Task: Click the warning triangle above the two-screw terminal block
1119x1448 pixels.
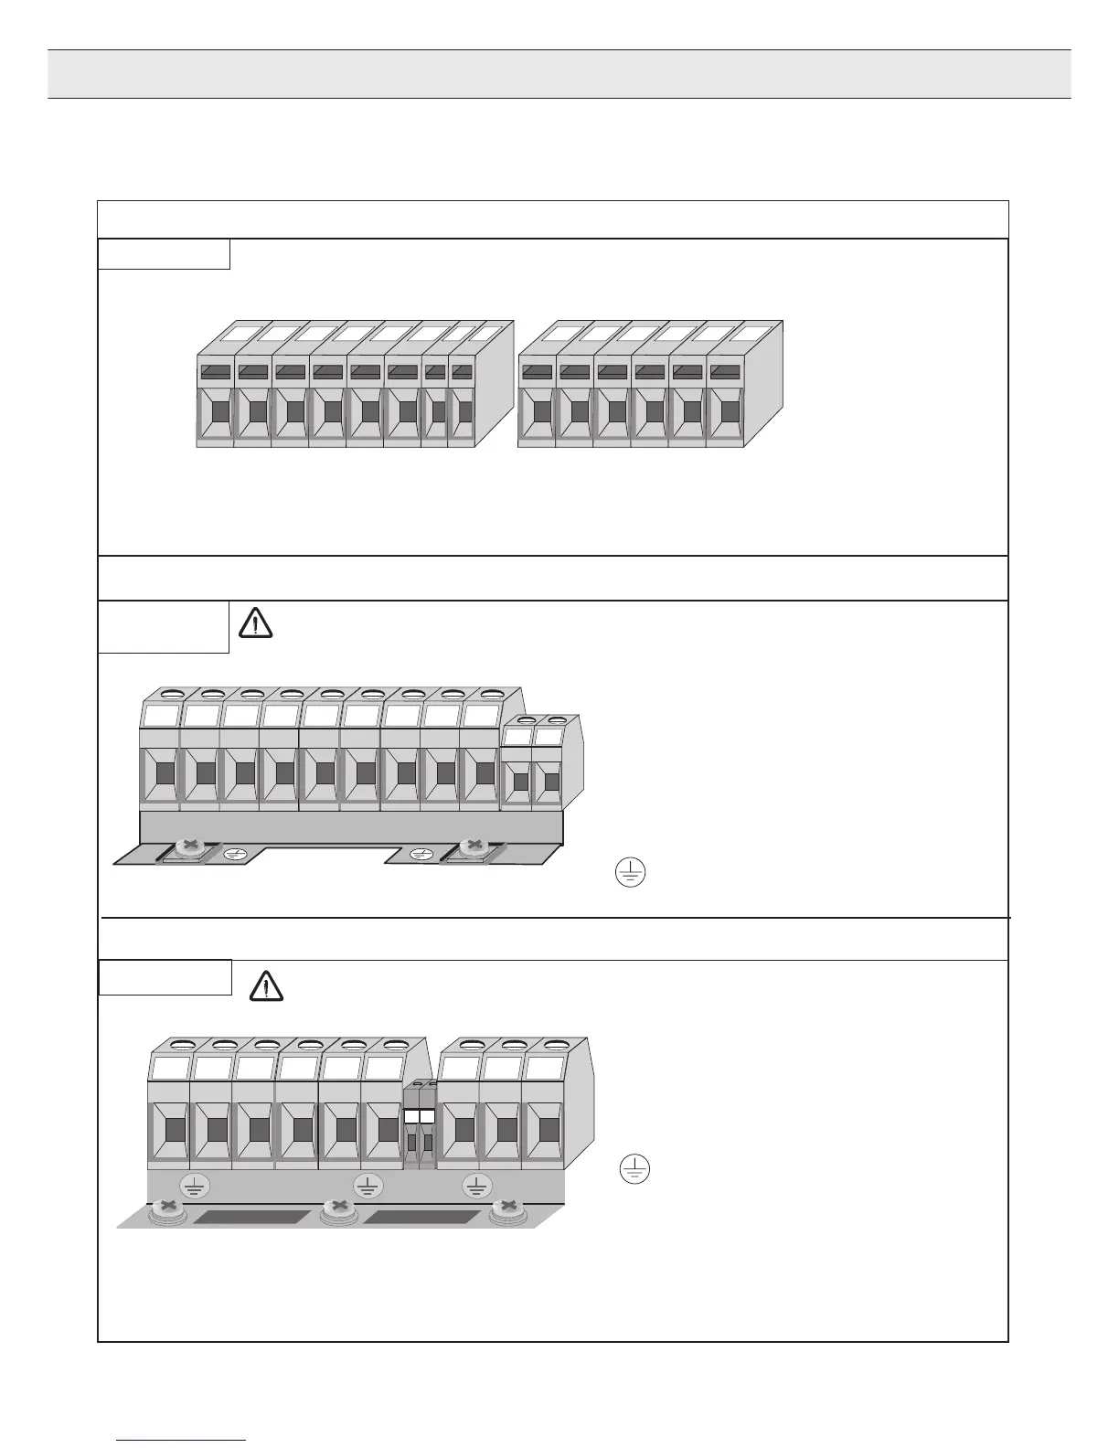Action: click(x=256, y=623)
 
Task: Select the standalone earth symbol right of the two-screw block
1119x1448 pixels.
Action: click(x=630, y=873)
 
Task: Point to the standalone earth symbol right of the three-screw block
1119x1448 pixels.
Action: click(x=634, y=1169)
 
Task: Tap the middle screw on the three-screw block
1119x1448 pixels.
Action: click(x=339, y=1208)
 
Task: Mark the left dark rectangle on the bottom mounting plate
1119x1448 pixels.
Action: click(x=252, y=1218)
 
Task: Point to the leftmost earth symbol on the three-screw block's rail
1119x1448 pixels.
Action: click(x=194, y=1186)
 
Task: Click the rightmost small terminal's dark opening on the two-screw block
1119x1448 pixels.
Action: click(x=551, y=782)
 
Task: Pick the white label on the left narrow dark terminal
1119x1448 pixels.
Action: click(x=411, y=1116)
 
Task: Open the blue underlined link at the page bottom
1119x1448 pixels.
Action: click(x=182, y=1440)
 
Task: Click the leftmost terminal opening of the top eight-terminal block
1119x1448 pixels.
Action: click(x=219, y=411)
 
